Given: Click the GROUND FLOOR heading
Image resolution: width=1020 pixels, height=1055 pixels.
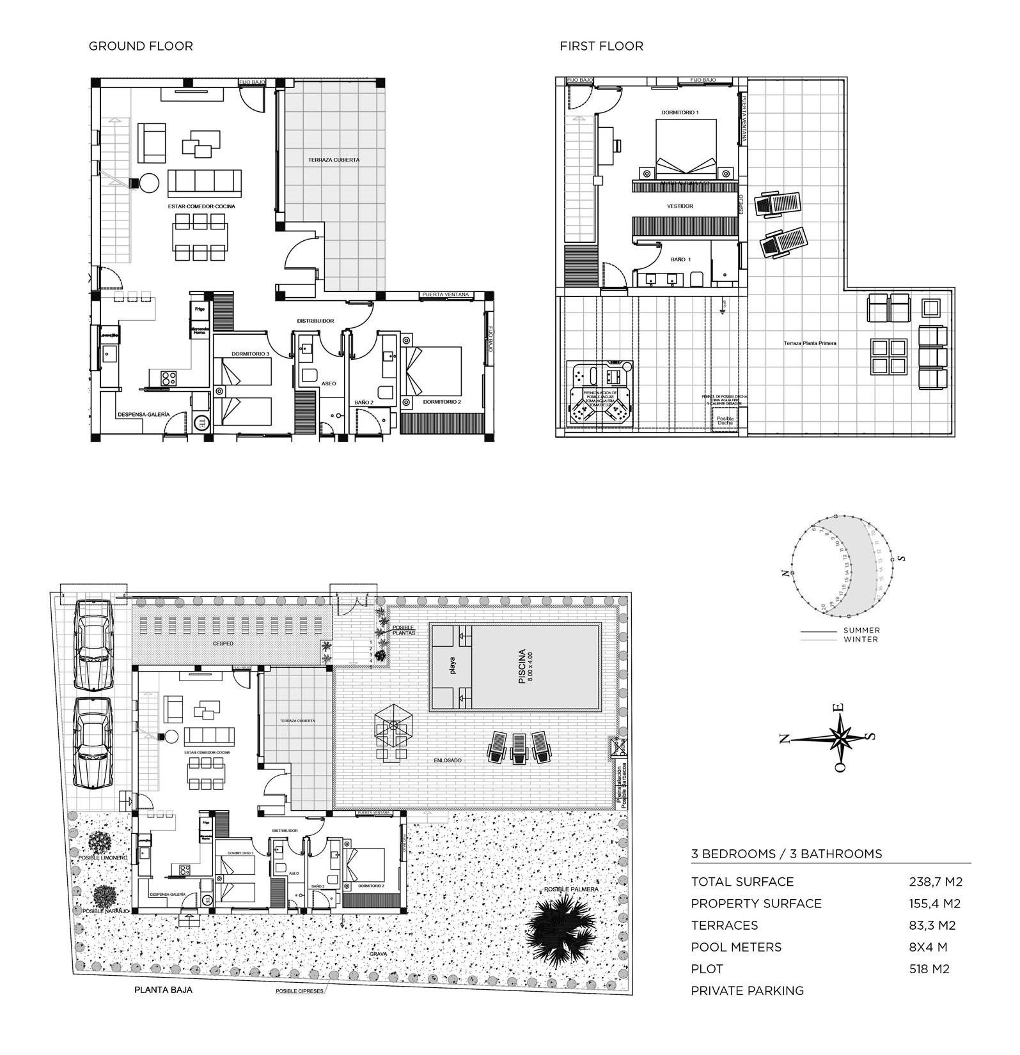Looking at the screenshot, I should [x=141, y=46].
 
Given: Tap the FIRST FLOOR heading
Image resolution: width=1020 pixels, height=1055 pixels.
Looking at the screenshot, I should [x=601, y=46].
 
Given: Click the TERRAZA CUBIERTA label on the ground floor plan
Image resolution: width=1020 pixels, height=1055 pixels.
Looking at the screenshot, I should [x=333, y=160].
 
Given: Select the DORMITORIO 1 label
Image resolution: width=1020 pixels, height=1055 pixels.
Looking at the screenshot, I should [x=680, y=112].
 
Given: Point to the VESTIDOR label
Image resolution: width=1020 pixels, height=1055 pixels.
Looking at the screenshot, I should [x=680, y=206].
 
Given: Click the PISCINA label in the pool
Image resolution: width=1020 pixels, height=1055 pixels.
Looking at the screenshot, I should [x=522, y=666].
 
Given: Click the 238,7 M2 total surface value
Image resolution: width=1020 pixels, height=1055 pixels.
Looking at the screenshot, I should [x=936, y=882].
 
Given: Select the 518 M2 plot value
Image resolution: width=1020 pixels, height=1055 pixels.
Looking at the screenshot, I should [x=929, y=969].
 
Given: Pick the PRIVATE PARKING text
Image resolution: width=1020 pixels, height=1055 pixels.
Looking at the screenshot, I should [x=747, y=990].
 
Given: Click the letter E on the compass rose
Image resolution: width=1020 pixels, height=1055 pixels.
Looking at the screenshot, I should [x=841, y=707].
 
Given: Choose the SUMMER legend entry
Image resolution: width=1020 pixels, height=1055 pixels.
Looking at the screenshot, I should [x=861, y=630].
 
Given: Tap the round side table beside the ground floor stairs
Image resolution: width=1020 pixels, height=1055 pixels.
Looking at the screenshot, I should [x=150, y=183].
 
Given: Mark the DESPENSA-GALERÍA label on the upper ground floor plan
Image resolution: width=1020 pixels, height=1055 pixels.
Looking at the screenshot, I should [x=143, y=414].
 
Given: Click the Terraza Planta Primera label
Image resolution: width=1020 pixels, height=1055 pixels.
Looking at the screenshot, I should [x=810, y=343].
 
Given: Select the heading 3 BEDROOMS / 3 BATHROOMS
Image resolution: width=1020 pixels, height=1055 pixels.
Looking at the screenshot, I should [x=786, y=854].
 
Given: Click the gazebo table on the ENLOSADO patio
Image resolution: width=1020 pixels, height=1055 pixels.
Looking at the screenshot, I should [x=393, y=731].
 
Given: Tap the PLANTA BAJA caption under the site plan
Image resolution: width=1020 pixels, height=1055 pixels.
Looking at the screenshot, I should [x=163, y=990].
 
